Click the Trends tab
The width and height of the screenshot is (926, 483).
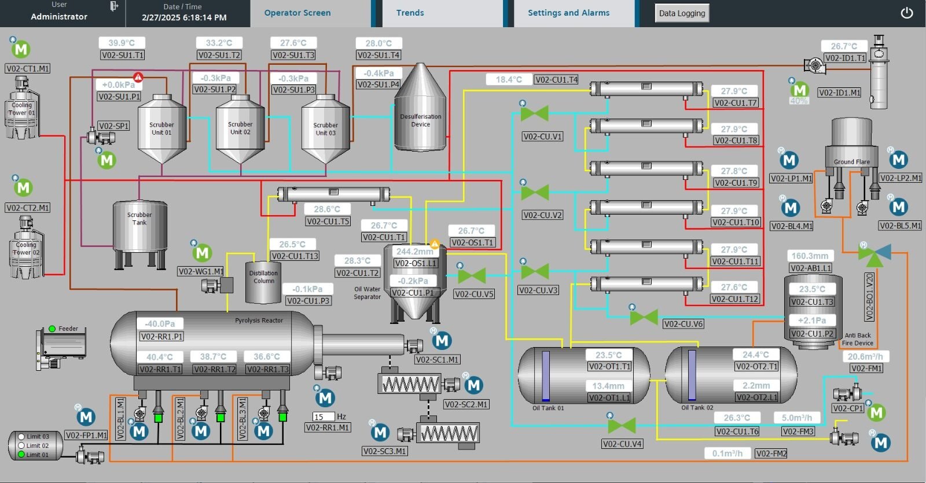(x=410, y=13)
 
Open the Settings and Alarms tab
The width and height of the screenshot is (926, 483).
(x=568, y=13)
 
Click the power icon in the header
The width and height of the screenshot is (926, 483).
(x=906, y=13)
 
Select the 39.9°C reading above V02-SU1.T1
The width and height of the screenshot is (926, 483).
(x=122, y=43)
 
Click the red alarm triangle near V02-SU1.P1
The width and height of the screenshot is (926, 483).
(x=138, y=77)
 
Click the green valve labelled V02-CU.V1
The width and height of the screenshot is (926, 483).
(x=534, y=113)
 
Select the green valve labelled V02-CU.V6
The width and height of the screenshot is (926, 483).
(x=644, y=317)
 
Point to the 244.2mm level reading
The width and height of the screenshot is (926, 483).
(x=414, y=252)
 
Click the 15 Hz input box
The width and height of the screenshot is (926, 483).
(x=323, y=416)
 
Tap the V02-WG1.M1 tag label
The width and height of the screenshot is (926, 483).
(x=201, y=271)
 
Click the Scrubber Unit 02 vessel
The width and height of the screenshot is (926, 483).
(x=240, y=130)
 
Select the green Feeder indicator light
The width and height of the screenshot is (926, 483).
(x=52, y=329)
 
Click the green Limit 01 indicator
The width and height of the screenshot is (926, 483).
(x=21, y=455)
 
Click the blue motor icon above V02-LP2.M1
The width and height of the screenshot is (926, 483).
(x=898, y=160)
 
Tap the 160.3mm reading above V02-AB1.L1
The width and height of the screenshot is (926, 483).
(x=810, y=256)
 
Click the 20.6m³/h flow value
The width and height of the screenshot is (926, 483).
(x=865, y=356)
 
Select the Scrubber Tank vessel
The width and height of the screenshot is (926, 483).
(x=139, y=226)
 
